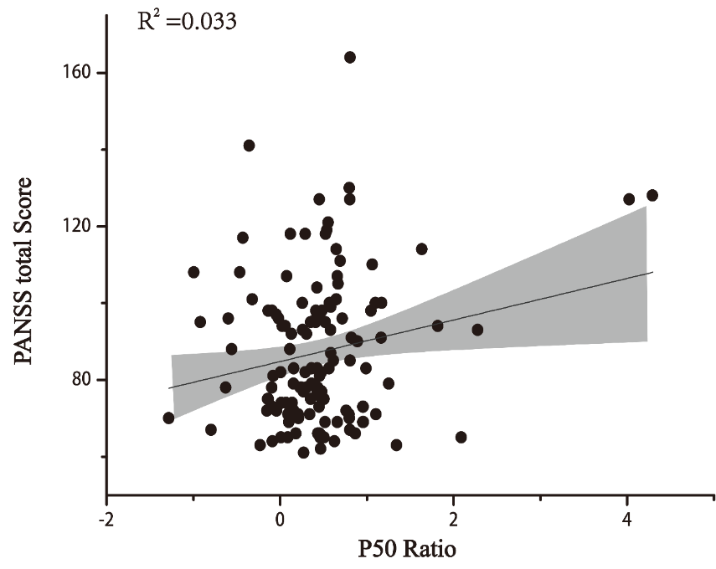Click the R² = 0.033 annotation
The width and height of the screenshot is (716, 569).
187,20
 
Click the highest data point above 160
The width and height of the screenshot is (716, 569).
350,57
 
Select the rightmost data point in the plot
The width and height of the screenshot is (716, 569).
652,195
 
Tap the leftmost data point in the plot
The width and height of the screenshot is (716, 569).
168,418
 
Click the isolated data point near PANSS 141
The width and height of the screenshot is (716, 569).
249,146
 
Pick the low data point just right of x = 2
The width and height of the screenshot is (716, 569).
461,437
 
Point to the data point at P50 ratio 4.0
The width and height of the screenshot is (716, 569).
629,199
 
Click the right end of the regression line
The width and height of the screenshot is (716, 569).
652,272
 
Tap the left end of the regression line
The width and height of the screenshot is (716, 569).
169,388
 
